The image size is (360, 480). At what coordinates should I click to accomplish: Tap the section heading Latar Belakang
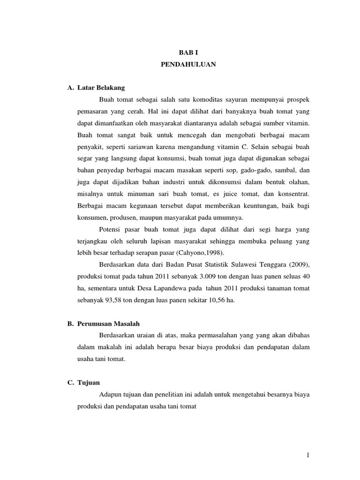click(101, 88)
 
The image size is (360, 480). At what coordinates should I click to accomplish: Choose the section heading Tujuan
click(90, 383)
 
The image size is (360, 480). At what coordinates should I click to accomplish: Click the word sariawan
click(140, 147)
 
